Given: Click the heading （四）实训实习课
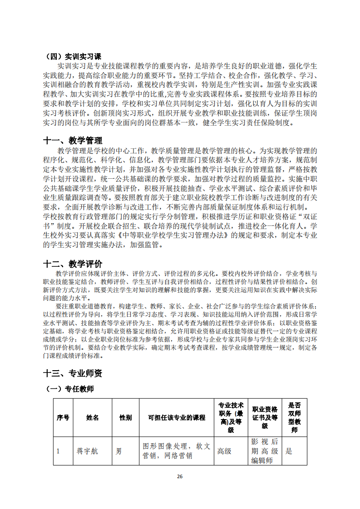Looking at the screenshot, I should pos(74,57).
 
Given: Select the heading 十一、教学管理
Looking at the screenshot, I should pos(73,141).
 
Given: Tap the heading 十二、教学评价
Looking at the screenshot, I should pos(73,264).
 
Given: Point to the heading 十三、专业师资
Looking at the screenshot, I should pos(73,373).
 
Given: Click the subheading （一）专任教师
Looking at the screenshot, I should pos(70,389).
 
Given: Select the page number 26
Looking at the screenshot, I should pos(180,476).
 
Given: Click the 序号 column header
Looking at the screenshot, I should pos(63,417).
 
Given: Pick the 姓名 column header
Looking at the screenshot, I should pos(93,417).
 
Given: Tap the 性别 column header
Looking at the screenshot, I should pos(125,417).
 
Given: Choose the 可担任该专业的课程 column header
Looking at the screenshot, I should pos(177,417).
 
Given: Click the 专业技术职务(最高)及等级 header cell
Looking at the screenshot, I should pos(231,417).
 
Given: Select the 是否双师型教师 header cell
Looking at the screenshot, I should pos(294,417).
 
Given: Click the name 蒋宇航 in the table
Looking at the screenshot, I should pos(87,451).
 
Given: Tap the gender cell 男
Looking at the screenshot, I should pos(119,451).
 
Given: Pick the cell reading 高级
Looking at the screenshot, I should pos(225,451).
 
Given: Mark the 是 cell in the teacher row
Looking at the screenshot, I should pos(289,451).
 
